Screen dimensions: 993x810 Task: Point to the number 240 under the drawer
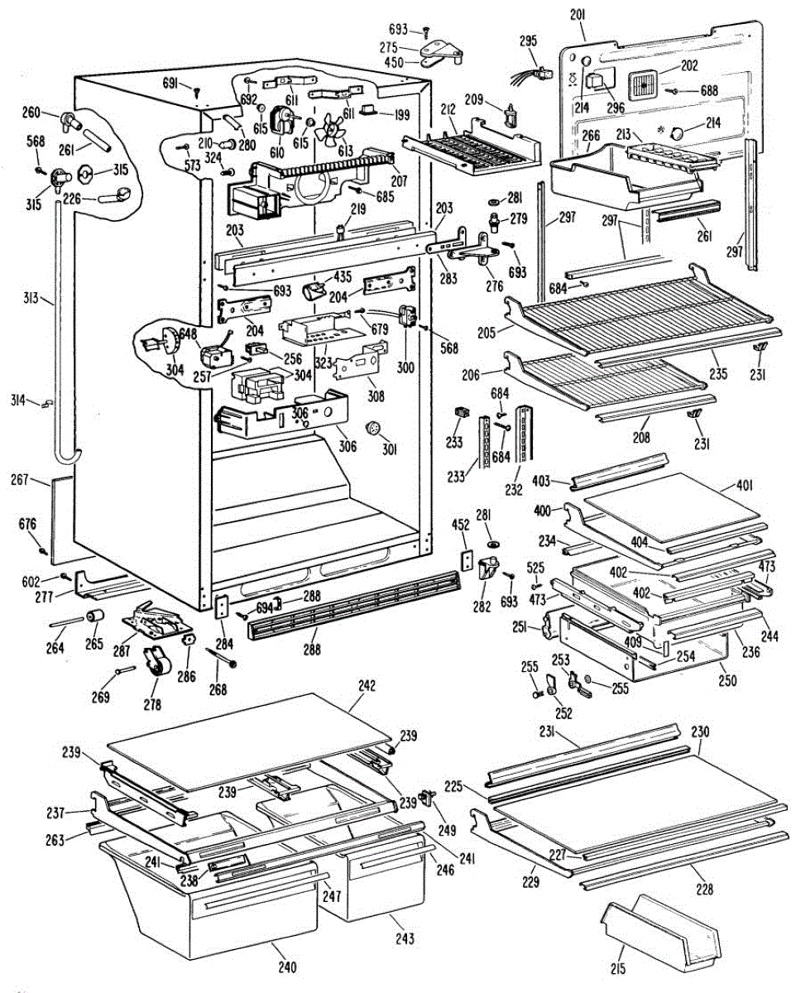tap(287, 967)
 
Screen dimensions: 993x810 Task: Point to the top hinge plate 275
tap(441, 52)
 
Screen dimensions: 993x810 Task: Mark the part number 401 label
tap(746, 486)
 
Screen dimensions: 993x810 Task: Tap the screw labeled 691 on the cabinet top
tap(197, 92)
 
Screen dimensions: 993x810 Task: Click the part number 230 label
tap(700, 732)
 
